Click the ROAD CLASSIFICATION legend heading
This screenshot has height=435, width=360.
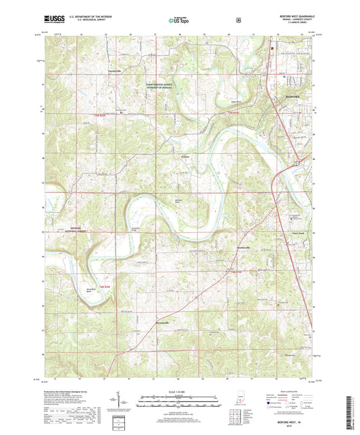pyautogui.click(x=292, y=391)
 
